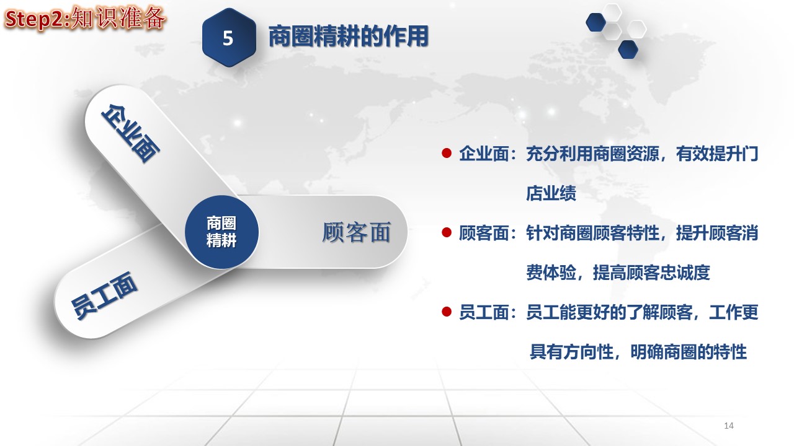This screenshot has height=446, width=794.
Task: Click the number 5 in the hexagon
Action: tap(228, 38)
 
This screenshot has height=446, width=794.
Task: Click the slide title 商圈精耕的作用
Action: tap(349, 36)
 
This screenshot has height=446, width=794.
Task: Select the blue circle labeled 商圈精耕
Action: tap(221, 232)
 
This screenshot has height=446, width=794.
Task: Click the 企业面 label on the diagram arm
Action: tap(130, 133)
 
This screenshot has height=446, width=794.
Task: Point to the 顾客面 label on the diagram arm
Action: tap(357, 232)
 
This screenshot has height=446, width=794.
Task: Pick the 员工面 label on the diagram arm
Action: tap(104, 296)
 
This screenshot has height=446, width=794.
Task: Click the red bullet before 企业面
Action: tap(447, 153)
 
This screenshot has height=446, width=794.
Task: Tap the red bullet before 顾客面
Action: tap(447, 232)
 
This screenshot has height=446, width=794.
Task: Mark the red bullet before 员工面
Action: tap(447, 312)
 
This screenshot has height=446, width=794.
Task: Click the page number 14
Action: tap(729, 426)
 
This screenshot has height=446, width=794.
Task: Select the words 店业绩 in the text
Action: tap(551, 193)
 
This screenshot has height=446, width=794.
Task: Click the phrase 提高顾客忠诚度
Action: tap(651, 273)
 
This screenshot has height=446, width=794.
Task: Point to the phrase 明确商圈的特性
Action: tap(689, 352)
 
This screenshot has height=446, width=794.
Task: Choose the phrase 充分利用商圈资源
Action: tap(592, 154)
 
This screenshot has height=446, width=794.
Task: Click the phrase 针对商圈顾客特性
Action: tap(592, 233)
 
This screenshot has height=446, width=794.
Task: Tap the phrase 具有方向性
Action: tap(571, 352)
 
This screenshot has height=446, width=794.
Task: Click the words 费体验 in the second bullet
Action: tap(551, 273)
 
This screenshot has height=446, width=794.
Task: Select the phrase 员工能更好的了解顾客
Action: tap(609, 312)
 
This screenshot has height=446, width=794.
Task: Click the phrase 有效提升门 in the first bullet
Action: tap(717, 154)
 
